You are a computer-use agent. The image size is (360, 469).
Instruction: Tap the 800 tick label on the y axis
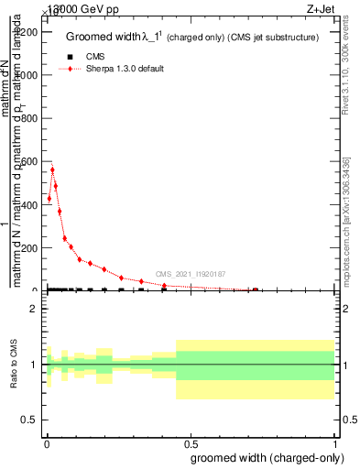pyautogui.click(x=28, y=119)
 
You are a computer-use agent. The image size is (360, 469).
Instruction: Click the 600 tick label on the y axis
pyautogui.click(x=28, y=162)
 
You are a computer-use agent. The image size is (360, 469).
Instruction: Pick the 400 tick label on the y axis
pyautogui.click(x=28, y=205)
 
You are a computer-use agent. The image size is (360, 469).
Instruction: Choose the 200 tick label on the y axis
pyautogui.click(x=28, y=248)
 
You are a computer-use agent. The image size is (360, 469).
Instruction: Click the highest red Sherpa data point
pyautogui.click(x=52, y=169)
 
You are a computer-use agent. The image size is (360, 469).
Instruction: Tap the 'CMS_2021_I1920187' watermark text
pyautogui.click(x=190, y=274)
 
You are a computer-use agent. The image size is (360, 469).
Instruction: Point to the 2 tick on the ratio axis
pyautogui.click(x=34, y=310)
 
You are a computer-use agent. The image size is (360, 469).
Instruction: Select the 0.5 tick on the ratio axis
pyautogui.click(x=30, y=420)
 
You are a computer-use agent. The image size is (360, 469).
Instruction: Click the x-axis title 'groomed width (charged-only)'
pyautogui.click(x=265, y=456)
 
